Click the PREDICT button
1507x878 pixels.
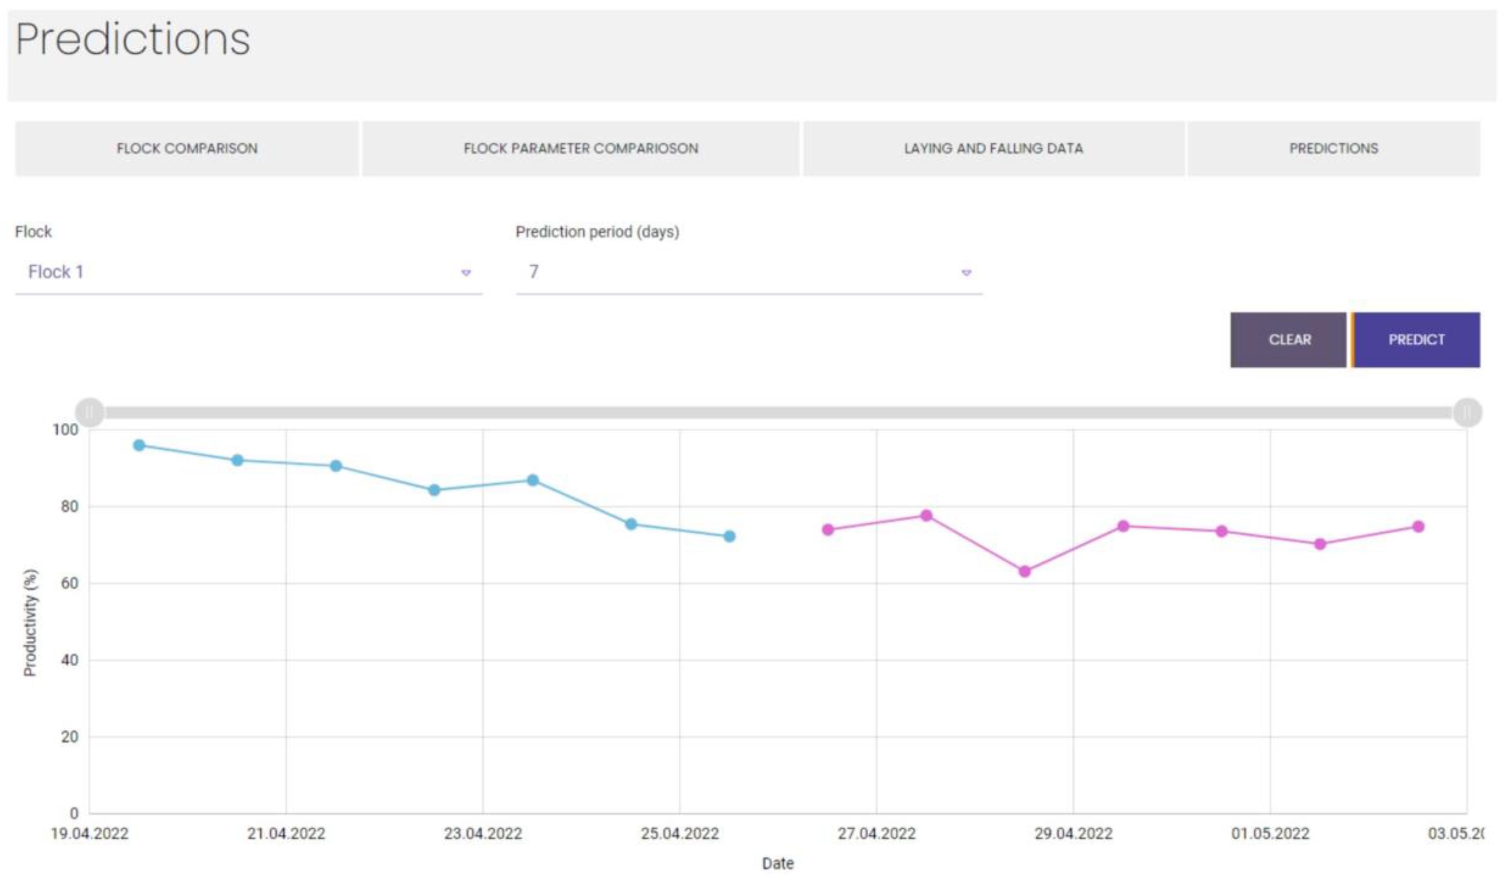[x=1416, y=340]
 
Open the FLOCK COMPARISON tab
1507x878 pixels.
[x=187, y=148]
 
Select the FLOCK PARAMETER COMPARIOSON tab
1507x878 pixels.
[x=580, y=148]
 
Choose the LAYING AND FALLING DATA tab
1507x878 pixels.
[x=993, y=148]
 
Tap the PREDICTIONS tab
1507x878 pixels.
[x=1333, y=148]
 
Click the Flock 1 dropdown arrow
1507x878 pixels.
[x=466, y=273]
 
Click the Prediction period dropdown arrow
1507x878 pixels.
[x=966, y=273]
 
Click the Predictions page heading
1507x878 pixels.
[x=133, y=39]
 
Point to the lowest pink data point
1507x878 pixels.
[x=1025, y=571]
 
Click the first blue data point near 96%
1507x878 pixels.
[x=139, y=445]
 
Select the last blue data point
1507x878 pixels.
[x=729, y=536]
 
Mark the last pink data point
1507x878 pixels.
[x=1418, y=526]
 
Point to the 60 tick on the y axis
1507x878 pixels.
[x=69, y=583]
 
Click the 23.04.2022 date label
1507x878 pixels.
[x=482, y=833]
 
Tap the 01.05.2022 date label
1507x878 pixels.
[x=1270, y=833]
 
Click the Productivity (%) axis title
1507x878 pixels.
[x=30, y=622]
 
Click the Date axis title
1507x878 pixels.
[x=777, y=863]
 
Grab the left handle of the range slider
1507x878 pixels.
[x=90, y=412]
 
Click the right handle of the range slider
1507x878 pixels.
[x=1467, y=412]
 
